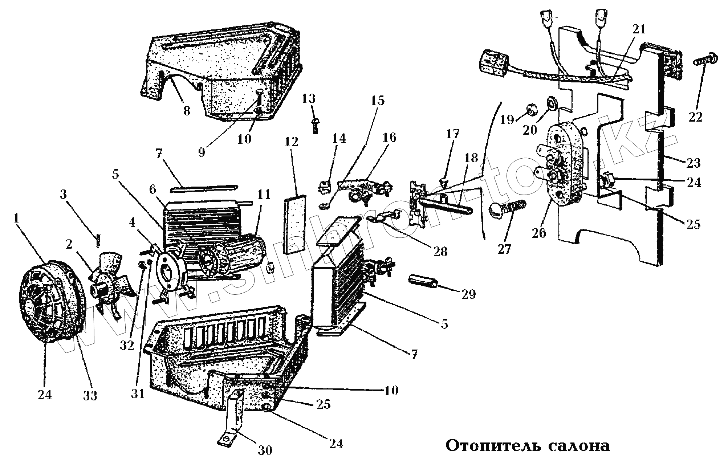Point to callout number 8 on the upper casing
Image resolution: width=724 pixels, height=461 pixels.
(186, 110)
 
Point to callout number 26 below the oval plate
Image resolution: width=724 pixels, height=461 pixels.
(539, 232)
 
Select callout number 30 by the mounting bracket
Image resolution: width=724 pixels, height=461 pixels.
(265, 450)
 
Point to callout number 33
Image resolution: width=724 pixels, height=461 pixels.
(90, 395)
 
